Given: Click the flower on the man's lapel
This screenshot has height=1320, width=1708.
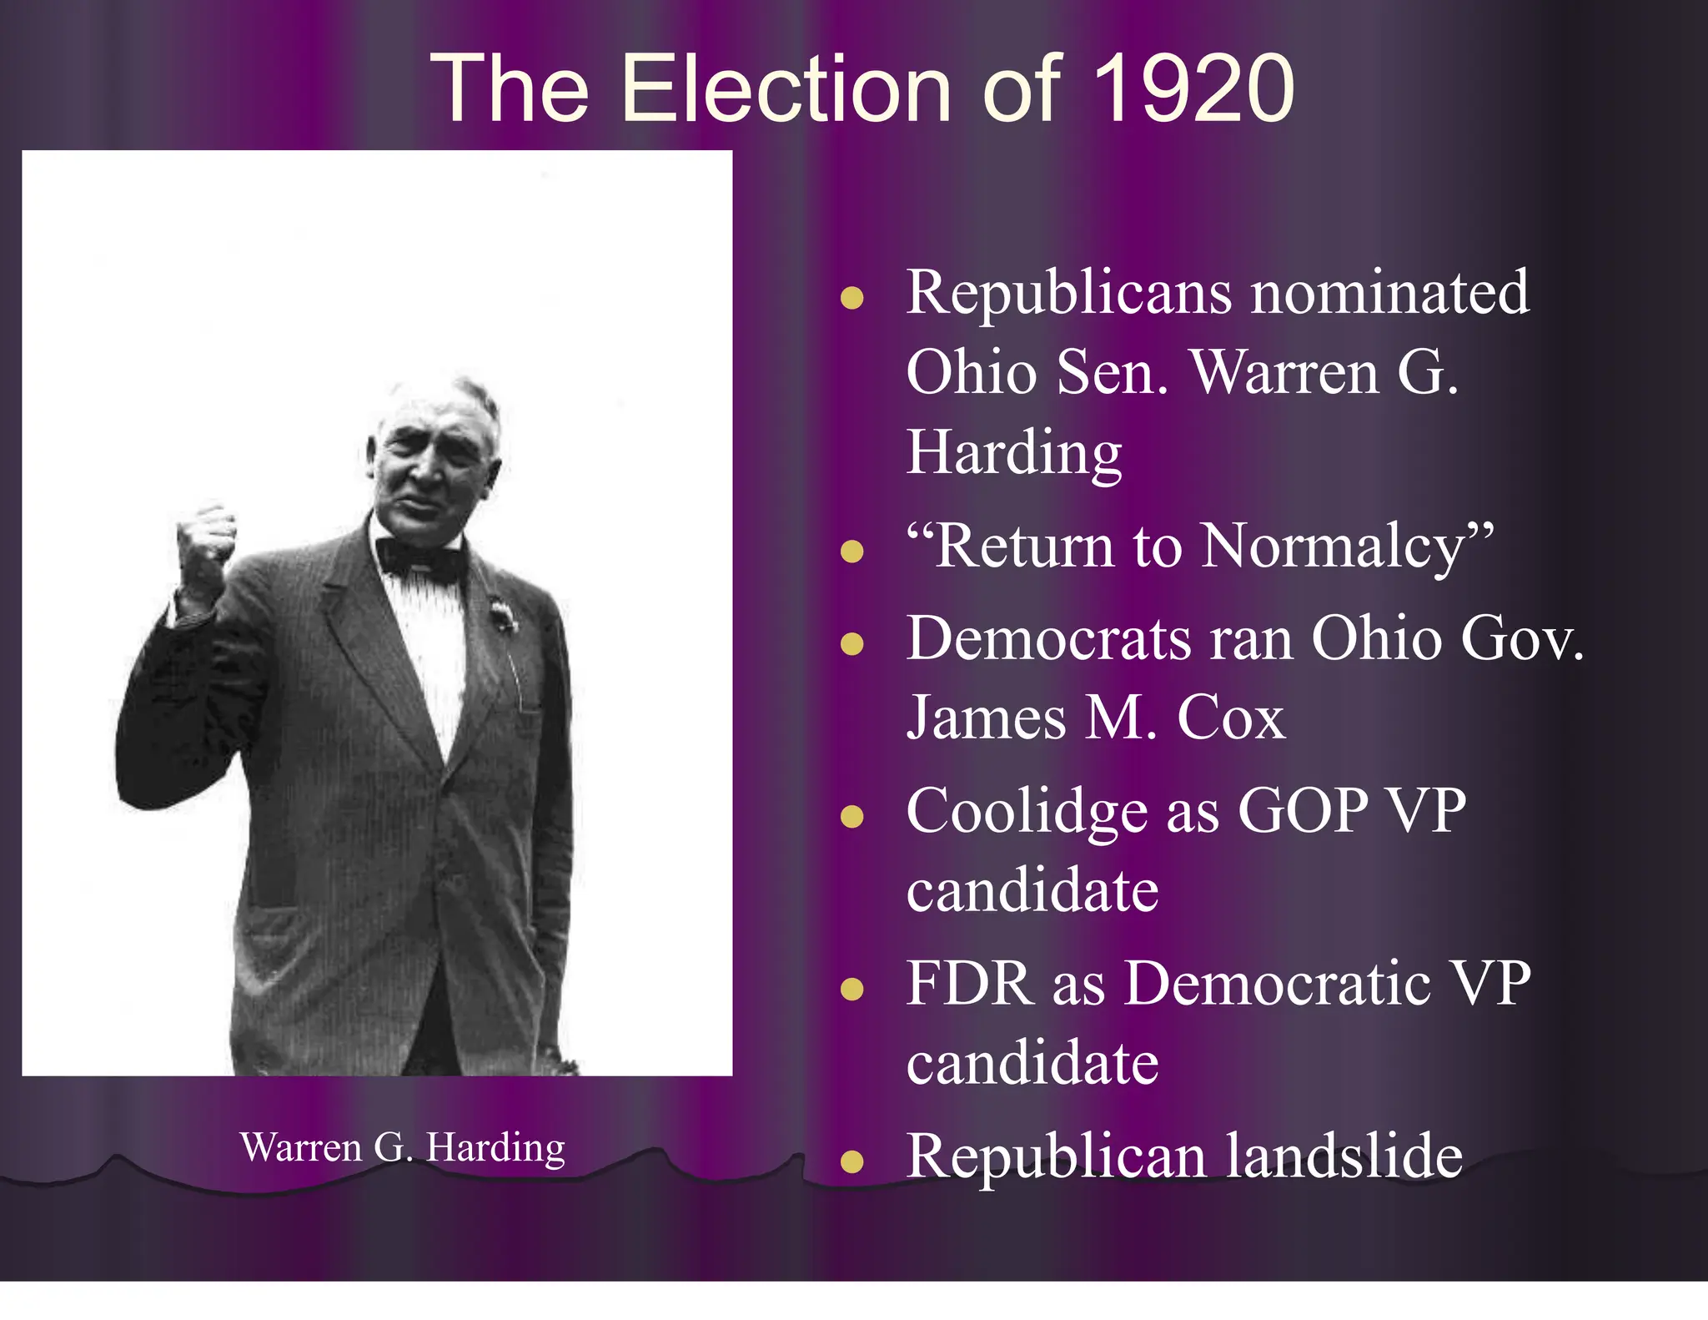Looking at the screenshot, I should [502, 617].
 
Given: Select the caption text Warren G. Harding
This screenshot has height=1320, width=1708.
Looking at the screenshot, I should [402, 1147].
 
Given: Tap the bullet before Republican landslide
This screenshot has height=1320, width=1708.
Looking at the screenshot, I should [851, 1161].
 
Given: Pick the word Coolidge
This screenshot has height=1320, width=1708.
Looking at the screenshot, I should [1027, 811].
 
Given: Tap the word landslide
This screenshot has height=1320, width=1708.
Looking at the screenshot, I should [1344, 1156].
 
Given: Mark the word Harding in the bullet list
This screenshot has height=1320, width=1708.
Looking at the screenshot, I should [1014, 453].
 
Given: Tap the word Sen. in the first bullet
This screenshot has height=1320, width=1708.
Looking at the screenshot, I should [1113, 373].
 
